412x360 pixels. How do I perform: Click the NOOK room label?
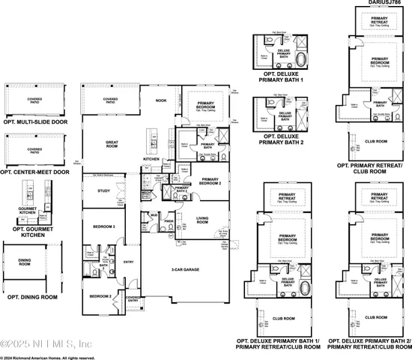(x=161, y=100)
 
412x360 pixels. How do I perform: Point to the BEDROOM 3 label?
(x=104, y=226)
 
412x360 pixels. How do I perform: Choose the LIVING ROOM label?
(x=202, y=220)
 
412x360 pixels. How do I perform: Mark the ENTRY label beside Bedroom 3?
(x=128, y=262)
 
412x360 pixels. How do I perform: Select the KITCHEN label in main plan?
(x=151, y=159)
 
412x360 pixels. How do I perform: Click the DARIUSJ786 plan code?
(x=385, y=4)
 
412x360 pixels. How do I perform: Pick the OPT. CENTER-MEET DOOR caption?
(x=36, y=172)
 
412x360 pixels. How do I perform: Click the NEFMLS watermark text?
(x=45, y=344)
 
